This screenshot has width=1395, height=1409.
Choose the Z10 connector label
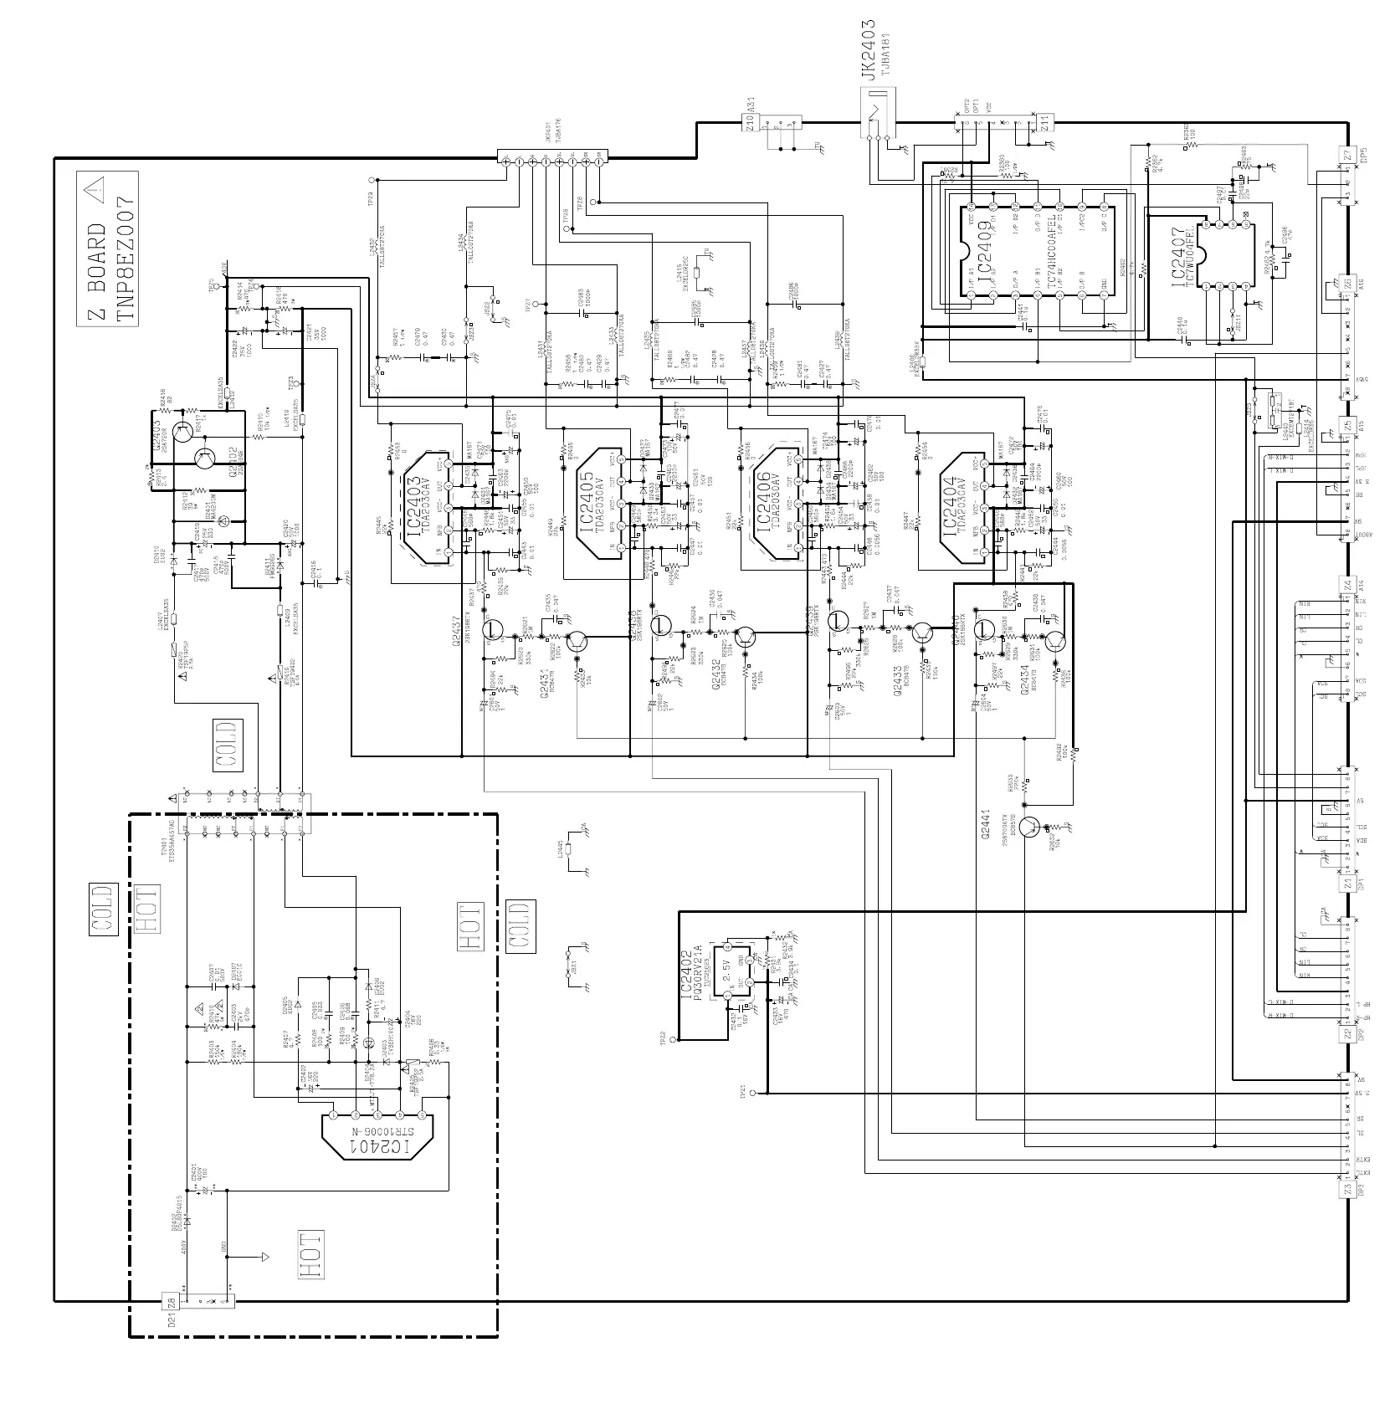click(x=751, y=123)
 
